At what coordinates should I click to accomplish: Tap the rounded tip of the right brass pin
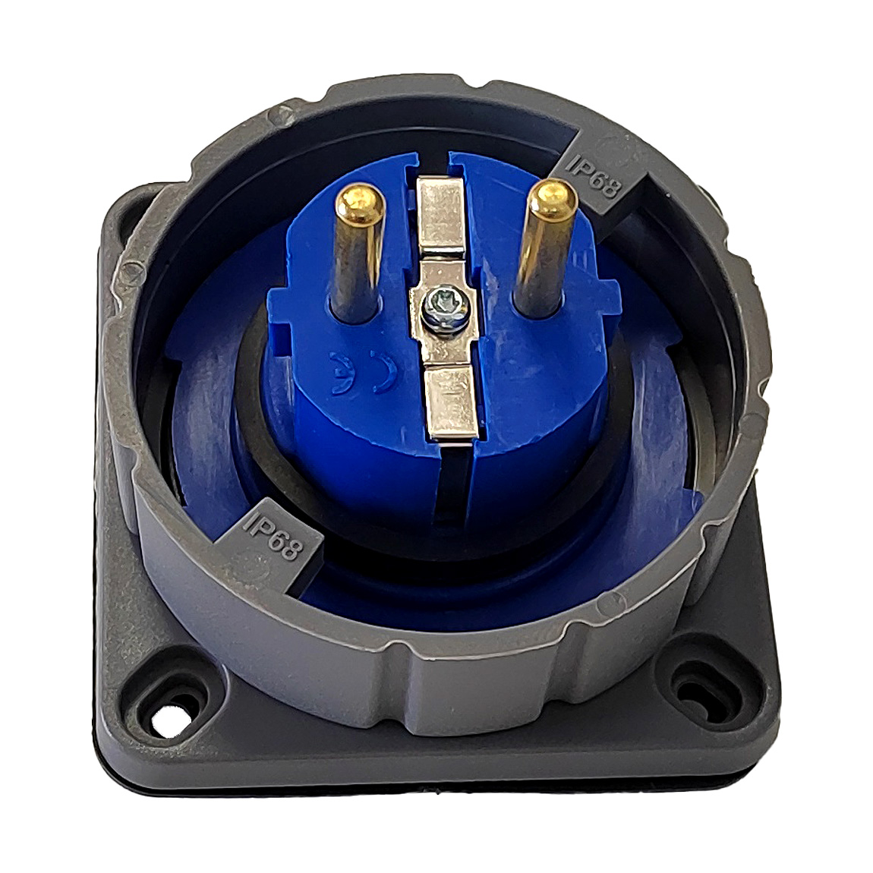click(551, 197)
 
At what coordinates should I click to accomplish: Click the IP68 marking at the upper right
click(592, 175)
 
